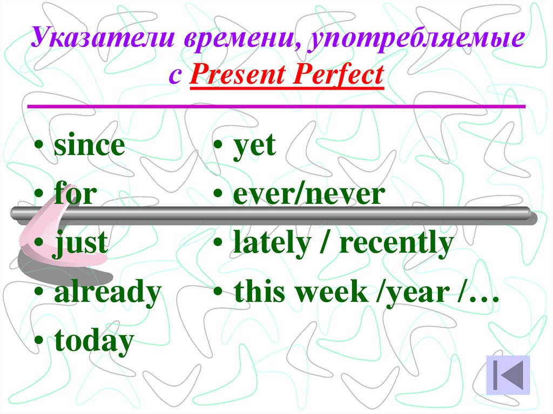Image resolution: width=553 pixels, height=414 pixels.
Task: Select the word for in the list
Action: tap(75, 194)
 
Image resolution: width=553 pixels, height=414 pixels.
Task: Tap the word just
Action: tap(80, 244)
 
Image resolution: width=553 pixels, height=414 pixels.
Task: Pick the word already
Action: tap(107, 292)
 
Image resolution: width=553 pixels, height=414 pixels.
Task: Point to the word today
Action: tap(93, 341)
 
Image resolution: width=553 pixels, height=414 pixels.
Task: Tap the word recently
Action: tap(395, 244)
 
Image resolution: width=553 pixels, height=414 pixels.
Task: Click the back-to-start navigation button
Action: tap(508, 374)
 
